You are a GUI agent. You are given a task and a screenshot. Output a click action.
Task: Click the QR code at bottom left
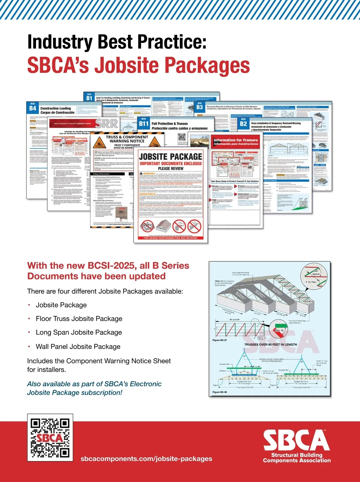coord(50,437)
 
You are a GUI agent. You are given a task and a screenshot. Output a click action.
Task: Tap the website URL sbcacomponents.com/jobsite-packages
coord(146,459)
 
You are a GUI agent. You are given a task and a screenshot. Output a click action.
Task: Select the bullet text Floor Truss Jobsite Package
coord(79,318)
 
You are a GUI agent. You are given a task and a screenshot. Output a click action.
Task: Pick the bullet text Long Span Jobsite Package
coord(79,332)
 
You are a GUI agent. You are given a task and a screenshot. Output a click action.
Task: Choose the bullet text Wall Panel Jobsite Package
coord(78,346)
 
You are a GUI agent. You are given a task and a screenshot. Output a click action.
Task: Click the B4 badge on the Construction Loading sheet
coord(33,108)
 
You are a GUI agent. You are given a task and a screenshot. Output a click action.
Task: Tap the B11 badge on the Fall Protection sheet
coord(144,123)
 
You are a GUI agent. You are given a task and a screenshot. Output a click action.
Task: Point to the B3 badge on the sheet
coord(199,107)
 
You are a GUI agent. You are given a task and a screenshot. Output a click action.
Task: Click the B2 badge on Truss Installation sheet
coord(243,123)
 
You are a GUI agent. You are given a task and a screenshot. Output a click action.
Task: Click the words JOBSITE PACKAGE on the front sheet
coord(170,156)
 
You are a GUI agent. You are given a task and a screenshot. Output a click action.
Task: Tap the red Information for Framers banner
coord(236,142)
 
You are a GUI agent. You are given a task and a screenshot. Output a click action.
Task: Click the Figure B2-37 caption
coord(220,340)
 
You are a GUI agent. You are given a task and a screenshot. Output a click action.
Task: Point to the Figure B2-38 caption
coord(220,392)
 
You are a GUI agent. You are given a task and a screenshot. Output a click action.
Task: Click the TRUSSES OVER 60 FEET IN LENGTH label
coord(271,345)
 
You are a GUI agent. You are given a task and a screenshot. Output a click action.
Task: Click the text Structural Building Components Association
coord(297,458)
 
